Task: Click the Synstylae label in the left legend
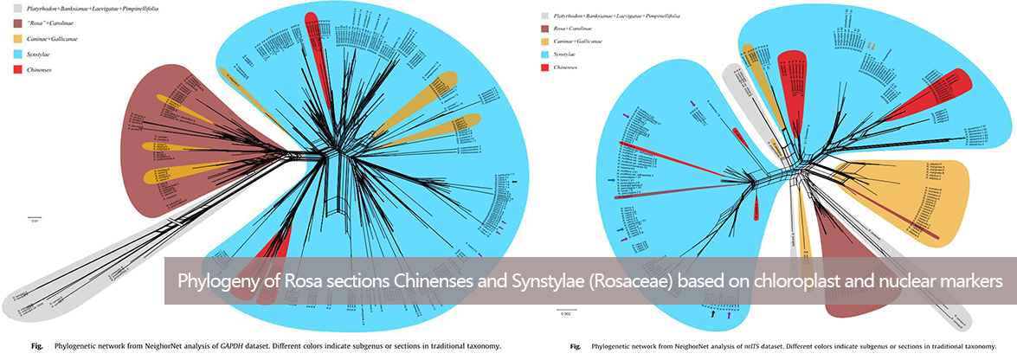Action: tap(42, 55)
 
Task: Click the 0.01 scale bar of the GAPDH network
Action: tap(35, 216)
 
